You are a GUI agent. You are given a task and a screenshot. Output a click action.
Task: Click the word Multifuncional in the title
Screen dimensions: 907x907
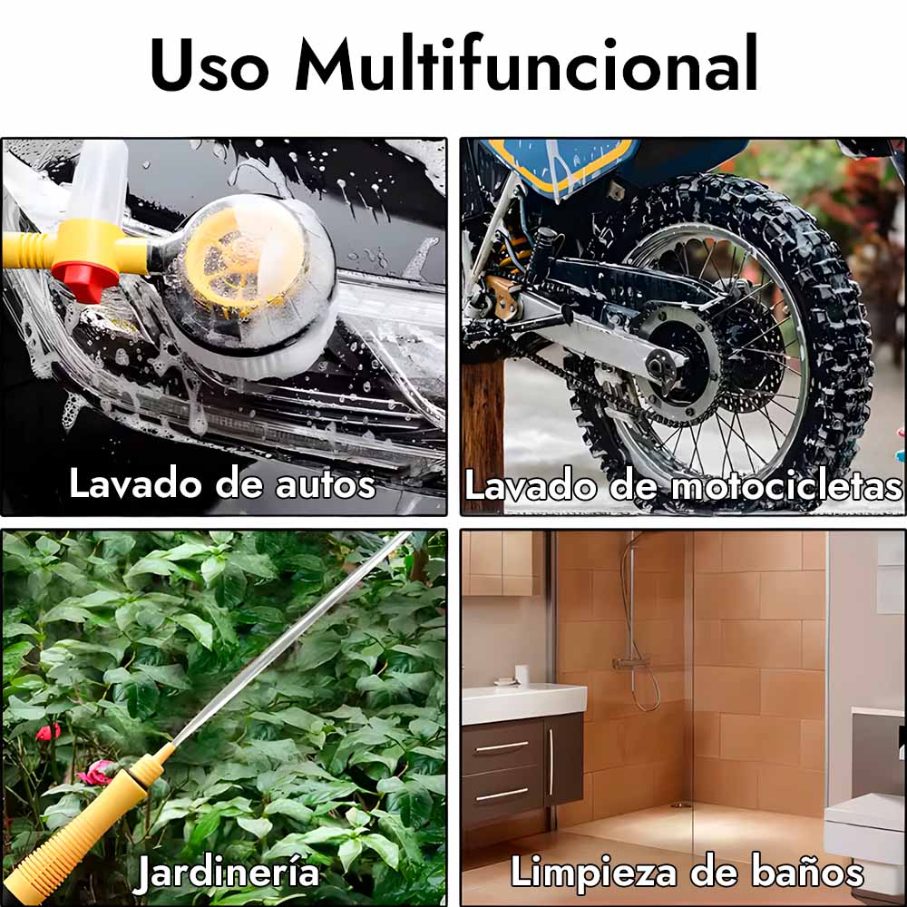(x=526, y=63)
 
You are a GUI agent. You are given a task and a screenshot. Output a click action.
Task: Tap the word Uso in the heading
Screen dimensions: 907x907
(x=210, y=64)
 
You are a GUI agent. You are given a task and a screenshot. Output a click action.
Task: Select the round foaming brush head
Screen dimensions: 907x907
(x=255, y=283)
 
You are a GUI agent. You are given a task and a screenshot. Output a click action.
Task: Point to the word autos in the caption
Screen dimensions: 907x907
(x=326, y=484)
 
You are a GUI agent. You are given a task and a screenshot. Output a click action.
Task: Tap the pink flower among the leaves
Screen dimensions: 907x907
(x=95, y=773)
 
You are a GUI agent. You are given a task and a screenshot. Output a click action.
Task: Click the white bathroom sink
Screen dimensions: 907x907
(x=523, y=703)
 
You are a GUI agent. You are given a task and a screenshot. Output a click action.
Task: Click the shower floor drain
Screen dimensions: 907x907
(x=681, y=805)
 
